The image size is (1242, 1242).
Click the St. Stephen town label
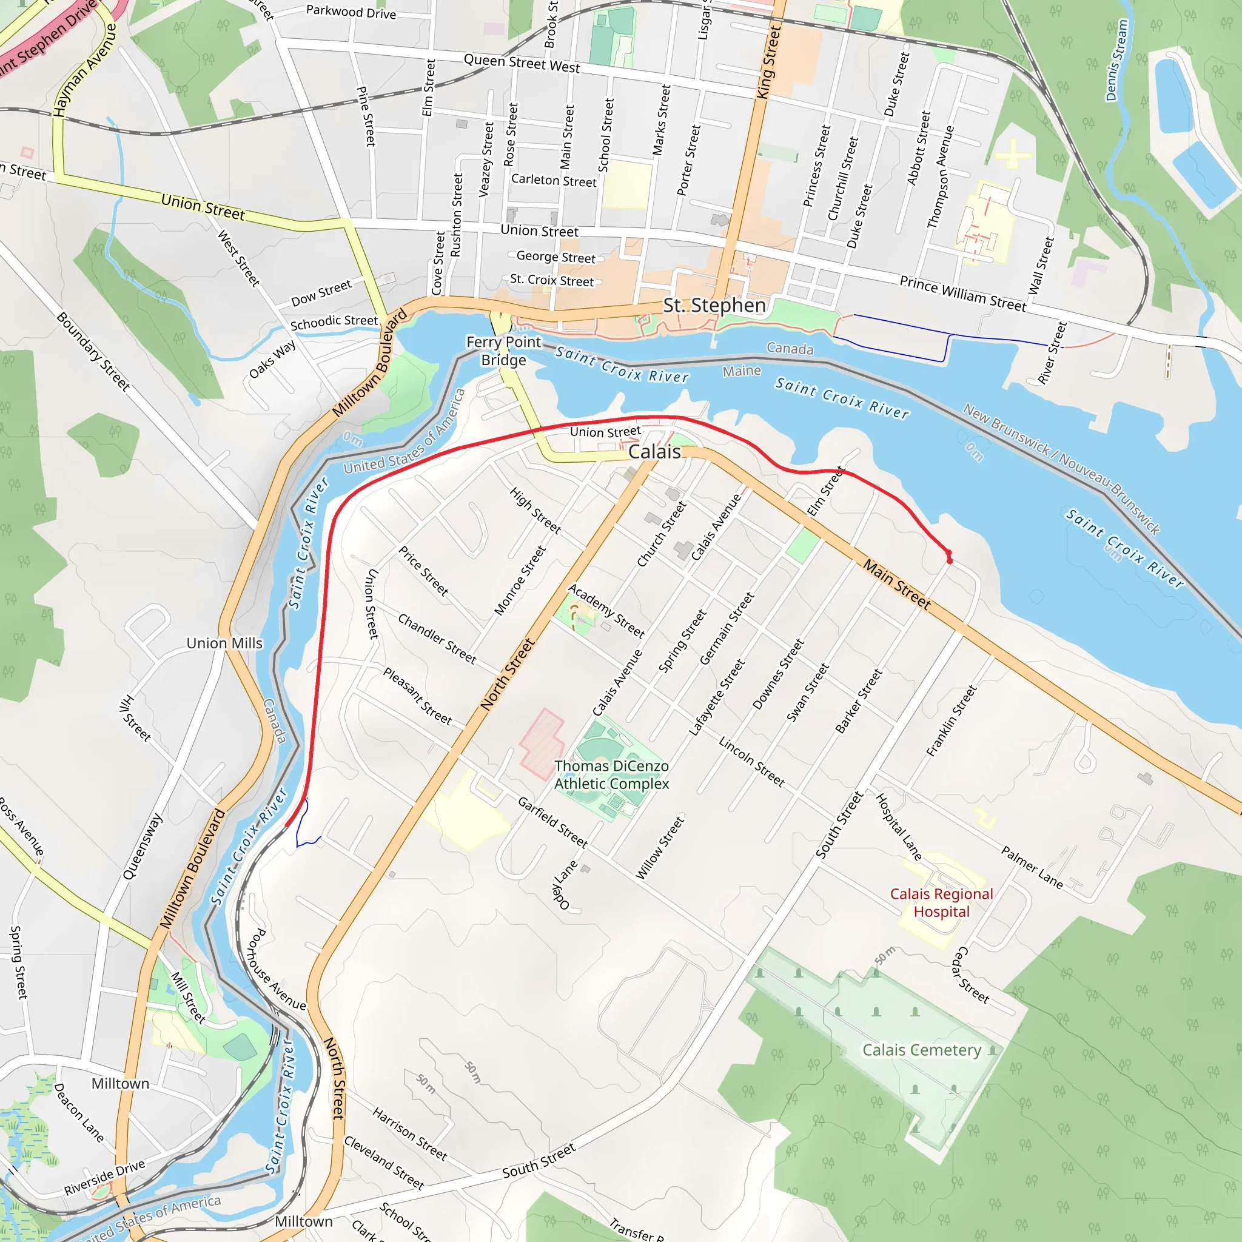(714, 306)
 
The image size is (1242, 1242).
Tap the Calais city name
(654, 452)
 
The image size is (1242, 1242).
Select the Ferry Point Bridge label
(504, 351)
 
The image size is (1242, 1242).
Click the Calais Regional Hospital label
(941, 902)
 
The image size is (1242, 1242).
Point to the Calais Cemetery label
(921, 1050)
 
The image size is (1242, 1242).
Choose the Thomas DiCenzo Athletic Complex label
(611, 774)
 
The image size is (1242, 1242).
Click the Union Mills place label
(224, 643)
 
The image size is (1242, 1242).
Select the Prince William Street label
(962, 294)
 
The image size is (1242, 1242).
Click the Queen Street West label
(522, 63)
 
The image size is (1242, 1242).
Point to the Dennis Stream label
(1116, 61)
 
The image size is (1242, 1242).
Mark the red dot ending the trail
(950, 560)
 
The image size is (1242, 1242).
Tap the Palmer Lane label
(1032, 868)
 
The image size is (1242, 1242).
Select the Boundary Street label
(93, 351)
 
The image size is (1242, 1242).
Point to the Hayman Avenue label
(85, 71)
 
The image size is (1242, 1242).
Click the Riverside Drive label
(104, 1178)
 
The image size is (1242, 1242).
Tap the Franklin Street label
(952, 720)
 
